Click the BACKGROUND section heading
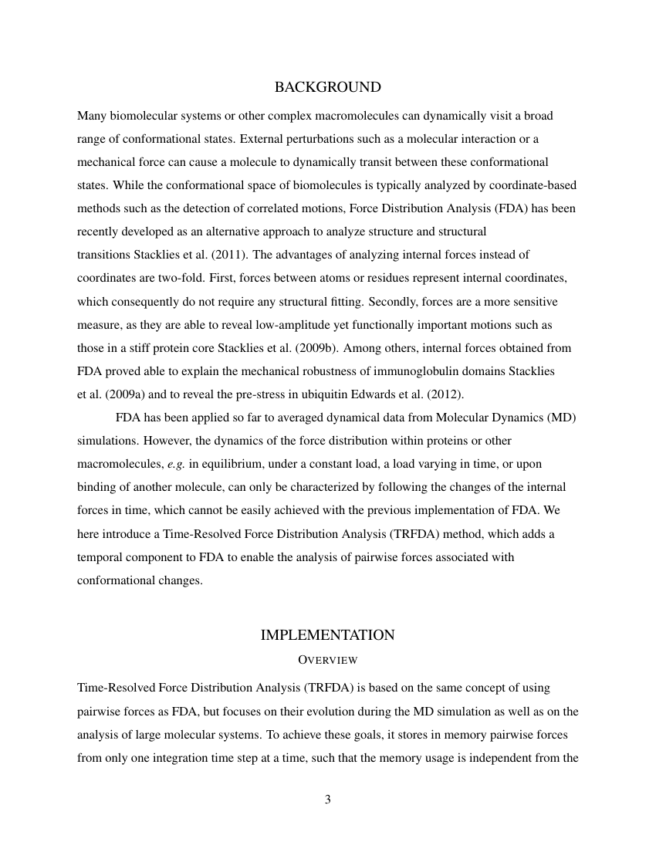tap(327, 88)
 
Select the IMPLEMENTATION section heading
tap(327, 635)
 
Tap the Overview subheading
tap(327, 661)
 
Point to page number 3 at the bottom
tap(327, 800)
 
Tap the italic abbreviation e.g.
tap(176, 464)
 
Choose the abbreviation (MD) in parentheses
tap(561, 418)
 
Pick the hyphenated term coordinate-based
tap(532, 185)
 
